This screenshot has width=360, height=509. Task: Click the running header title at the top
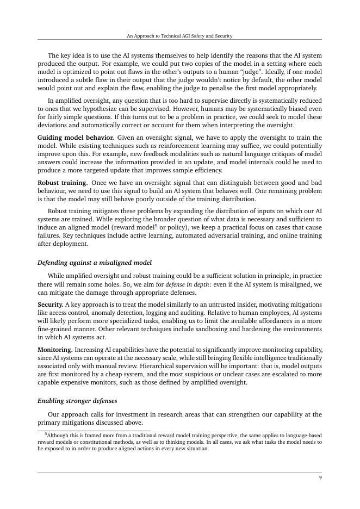tap(179, 36)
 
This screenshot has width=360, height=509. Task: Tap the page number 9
tap(320, 477)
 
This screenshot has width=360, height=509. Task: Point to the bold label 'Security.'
tap(50, 305)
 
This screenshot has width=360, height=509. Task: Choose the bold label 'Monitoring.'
tap(54, 350)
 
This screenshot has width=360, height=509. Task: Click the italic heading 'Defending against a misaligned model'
tap(94, 263)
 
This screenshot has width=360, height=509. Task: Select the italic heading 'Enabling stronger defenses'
tap(77, 401)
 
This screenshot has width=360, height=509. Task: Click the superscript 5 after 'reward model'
tap(156, 225)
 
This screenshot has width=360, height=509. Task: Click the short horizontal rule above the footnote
tap(94, 431)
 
